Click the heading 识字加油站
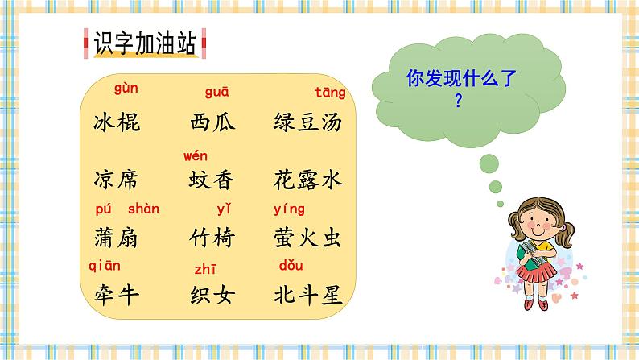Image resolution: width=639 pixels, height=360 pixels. (145, 44)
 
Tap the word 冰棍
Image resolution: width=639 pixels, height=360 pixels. (117, 122)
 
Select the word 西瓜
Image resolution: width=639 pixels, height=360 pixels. (212, 122)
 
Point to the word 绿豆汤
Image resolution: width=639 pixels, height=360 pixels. (308, 122)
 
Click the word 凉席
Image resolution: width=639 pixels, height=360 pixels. (117, 180)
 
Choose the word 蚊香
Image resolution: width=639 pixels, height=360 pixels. (212, 180)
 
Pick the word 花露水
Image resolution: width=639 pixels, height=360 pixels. (308, 180)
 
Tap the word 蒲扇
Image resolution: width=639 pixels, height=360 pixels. (117, 238)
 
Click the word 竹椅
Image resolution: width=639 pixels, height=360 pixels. (212, 238)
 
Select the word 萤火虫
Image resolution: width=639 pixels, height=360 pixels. (308, 238)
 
